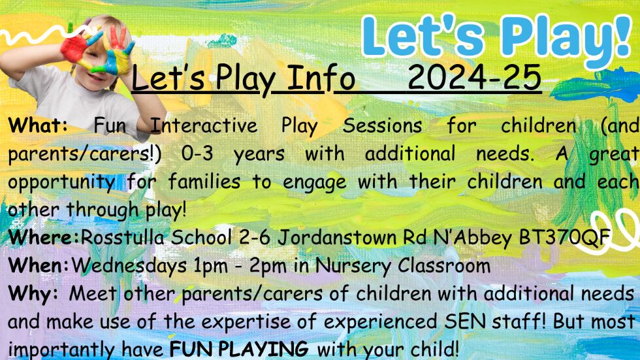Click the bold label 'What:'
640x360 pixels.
[38, 125]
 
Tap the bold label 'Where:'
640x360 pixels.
[44, 237]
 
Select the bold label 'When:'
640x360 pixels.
[39, 265]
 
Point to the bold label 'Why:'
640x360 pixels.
[33, 294]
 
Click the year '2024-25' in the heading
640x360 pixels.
[474, 77]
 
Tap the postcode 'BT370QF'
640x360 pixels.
[564, 237]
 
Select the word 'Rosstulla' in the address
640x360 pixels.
[122, 237]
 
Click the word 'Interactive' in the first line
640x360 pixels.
[204, 125]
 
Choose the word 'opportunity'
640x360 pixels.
[61, 182]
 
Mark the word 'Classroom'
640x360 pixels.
[444, 265]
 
